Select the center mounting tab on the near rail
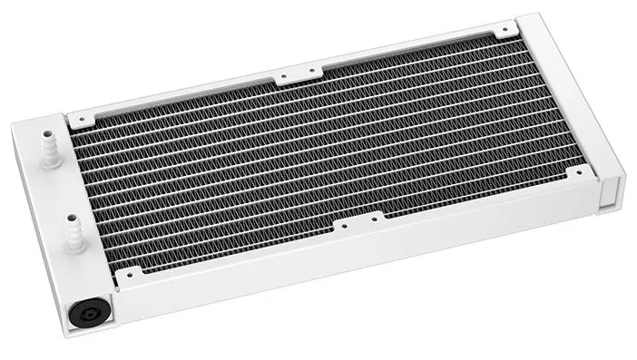pyautogui.click(x=360, y=224)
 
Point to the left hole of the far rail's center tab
pyautogui.click(x=284, y=77)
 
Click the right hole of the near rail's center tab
pyautogui.click(x=377, y=218)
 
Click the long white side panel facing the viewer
pyautogui.click(x=363, y=263)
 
